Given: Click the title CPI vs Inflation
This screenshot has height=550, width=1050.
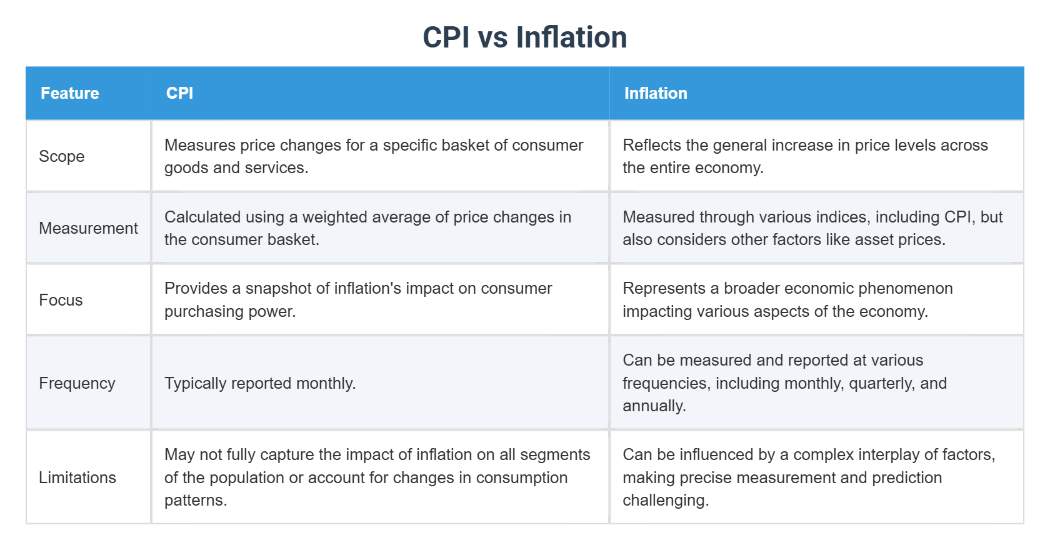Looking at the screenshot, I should (524, 37).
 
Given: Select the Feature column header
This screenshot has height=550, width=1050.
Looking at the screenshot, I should (70, 93).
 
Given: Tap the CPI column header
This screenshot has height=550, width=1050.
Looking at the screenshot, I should (179, 93).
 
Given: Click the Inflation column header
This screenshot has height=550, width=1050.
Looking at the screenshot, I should (656, 93).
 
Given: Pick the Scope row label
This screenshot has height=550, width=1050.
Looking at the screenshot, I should (62, 156).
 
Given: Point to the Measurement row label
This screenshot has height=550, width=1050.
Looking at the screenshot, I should (88, 228).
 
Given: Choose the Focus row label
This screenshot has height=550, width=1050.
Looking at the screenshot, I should (61, 300).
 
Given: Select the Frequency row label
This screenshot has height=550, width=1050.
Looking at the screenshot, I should (77, 383).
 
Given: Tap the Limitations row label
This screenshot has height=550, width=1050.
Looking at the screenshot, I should (77, 477).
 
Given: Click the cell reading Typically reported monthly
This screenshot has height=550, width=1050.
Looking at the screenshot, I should (260, 383).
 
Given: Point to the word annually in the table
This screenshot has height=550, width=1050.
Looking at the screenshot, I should (654, 406).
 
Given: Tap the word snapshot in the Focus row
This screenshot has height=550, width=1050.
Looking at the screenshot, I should (279, 288).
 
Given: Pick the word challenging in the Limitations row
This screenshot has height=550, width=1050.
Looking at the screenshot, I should (665, 501).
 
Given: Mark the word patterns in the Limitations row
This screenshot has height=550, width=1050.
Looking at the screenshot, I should (195, 501).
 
